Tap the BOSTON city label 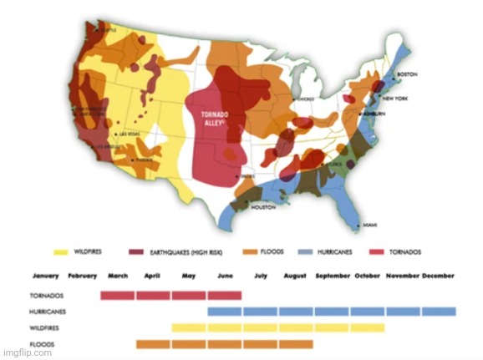coord(407,74)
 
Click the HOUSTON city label coord(263,207)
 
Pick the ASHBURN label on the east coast coord(374,112)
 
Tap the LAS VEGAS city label coord(130,134)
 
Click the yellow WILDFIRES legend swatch coord(60,251)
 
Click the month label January coord(46,276)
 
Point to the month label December coord(439,276)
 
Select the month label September coord(332,276)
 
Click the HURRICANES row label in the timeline coord(48,312)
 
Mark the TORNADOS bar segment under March coord(117,295)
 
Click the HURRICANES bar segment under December coord(439,312)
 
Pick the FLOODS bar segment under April coord(153,344)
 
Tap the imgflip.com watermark coord(27,352)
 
